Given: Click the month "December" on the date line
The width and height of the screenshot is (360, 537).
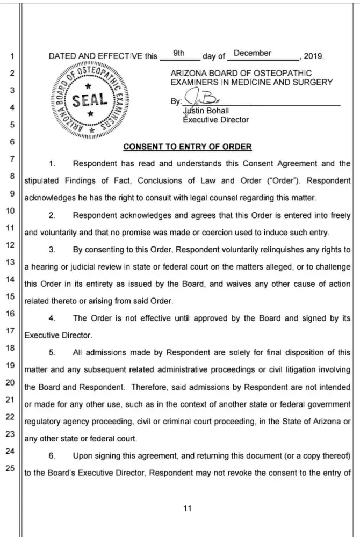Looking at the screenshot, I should click(x=253, y=54).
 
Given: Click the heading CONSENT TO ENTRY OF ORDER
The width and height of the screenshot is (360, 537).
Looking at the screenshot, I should click(x=188, y=146).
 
